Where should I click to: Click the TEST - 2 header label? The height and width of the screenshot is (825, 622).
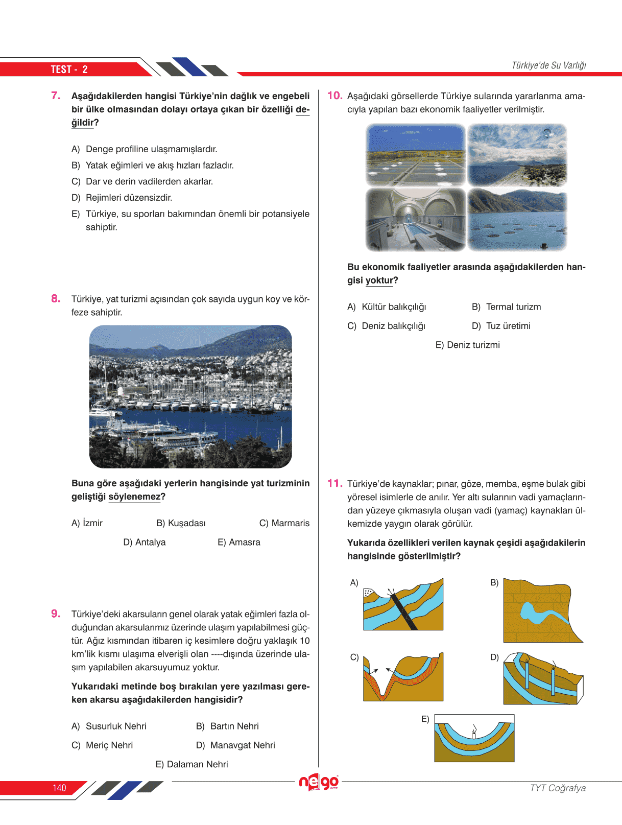69,69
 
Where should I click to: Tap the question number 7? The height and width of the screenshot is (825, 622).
56,96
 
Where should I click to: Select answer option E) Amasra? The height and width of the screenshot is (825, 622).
238,542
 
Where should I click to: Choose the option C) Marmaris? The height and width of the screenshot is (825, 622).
284,523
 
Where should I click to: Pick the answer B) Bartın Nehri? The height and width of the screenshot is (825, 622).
227,726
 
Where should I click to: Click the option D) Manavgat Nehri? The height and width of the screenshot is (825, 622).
235,745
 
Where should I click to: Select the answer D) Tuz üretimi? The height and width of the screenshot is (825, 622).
501,326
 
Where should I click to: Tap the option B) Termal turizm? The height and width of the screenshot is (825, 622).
506,307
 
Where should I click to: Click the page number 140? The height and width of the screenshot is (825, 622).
59,788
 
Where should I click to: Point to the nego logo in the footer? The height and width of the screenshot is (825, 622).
319,782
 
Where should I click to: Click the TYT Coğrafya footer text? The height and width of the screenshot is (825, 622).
558,788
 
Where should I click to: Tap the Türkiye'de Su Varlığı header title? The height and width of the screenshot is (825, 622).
548,65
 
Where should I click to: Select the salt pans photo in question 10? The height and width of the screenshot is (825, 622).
416,155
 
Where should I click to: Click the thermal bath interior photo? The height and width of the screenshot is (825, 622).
416,220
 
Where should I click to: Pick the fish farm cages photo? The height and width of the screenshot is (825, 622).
517,220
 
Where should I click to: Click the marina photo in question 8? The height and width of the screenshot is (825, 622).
190,396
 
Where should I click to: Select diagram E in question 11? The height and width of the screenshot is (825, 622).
474,738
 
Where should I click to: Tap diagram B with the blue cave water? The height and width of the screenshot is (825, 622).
543,610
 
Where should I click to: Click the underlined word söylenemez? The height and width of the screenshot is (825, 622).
134,497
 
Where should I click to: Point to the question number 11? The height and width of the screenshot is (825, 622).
334,483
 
